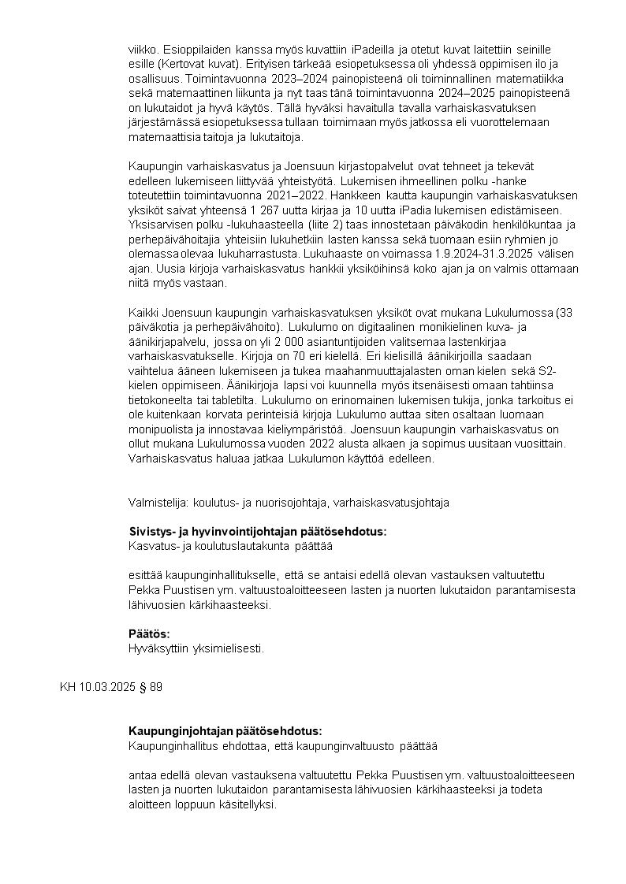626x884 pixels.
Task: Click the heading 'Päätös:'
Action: coord(149,633)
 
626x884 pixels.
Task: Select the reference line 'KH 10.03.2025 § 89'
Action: coord(111,687)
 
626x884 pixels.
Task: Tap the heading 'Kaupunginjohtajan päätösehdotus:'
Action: coord(225,730)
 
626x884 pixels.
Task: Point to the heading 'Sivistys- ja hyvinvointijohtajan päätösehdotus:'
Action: coord(257,531)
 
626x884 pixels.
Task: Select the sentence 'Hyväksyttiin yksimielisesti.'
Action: coord(196,648)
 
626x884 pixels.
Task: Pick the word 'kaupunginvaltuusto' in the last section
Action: coord(349,745)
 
